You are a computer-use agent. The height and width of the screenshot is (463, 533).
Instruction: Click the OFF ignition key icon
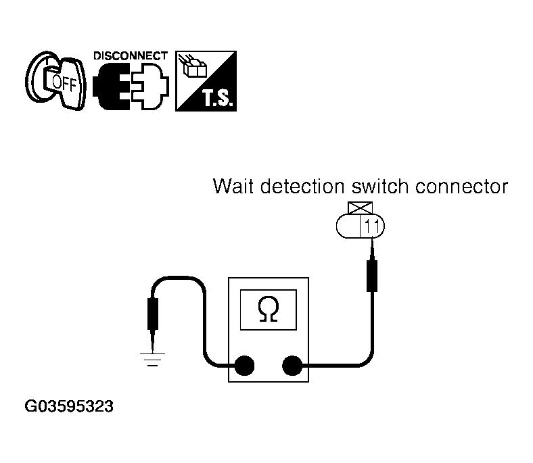point(55,80)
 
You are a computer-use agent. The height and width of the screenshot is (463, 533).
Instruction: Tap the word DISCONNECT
point(130,55)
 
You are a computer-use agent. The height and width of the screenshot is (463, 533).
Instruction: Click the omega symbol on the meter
point(269,310)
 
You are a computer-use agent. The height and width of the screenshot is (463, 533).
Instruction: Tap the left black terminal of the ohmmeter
point(244,366)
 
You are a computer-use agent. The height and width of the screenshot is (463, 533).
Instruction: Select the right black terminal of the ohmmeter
point(292,366)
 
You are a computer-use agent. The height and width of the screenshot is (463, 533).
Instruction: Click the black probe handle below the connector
point(371,274)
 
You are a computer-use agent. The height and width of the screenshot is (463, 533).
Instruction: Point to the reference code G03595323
point(69,407)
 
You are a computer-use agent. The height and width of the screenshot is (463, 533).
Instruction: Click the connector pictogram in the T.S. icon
point(193,67)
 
